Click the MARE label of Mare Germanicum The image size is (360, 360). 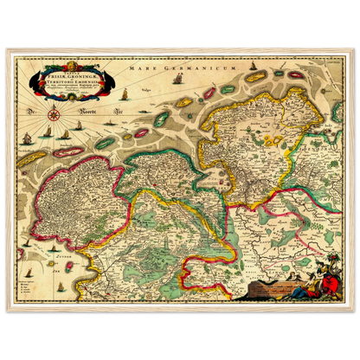(136, 67)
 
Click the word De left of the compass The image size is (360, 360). (29, 112)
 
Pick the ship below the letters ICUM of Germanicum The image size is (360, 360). (177, 80)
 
